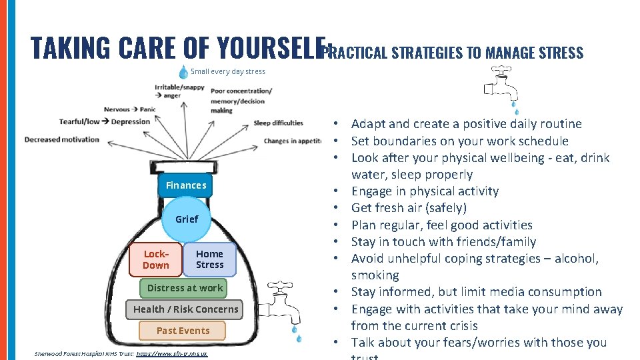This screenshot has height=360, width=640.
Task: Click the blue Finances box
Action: pos(186,185)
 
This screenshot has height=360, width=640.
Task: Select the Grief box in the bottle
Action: pos(187,219)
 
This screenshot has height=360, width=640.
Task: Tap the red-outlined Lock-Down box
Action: pos(156,259)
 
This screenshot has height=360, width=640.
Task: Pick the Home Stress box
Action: pos(210,259)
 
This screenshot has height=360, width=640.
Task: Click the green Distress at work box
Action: pos(185,288)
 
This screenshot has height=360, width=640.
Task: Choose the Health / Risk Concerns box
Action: pos(185,309)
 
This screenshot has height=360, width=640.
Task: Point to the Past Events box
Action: pos(183,331)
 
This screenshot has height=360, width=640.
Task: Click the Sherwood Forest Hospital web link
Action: pos(172,353)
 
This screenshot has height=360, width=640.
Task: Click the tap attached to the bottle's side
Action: pos(283,301)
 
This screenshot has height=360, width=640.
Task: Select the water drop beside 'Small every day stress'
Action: pos(183,71)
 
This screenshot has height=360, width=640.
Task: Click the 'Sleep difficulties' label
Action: pos(278,123)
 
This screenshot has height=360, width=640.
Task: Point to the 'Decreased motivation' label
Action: pos(61,139)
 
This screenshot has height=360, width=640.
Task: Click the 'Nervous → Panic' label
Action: pos(130,109)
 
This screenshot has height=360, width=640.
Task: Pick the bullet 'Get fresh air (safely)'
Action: pos(409,208)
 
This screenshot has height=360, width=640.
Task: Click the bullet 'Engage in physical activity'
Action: pos(425,191)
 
